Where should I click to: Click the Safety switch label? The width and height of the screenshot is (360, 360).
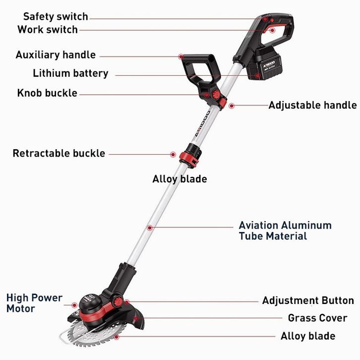pos(56,16)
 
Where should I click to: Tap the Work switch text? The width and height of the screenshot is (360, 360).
pos(48,29)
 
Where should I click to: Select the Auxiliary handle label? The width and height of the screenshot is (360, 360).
pos(56,55)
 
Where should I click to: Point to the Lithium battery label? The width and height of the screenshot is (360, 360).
pos(70,73)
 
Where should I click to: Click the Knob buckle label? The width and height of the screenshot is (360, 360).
pos(47,93)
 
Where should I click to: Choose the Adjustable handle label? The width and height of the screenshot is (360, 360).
pos(313,105)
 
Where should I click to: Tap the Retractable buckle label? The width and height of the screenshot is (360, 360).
pos(59,153)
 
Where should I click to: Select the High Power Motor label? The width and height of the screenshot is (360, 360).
pos(34,303)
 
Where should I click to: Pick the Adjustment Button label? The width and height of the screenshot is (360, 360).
pos(308,300)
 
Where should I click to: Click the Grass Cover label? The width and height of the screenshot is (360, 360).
pos(317,318)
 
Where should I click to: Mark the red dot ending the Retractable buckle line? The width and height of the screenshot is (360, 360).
pos(173,154)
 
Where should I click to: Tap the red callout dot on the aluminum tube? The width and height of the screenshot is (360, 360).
pos(150,228)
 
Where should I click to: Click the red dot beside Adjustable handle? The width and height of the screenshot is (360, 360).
pos(232,106)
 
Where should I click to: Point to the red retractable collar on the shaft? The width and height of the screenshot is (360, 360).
pos(189,159)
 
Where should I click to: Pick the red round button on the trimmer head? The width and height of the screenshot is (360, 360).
pos(118,301)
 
